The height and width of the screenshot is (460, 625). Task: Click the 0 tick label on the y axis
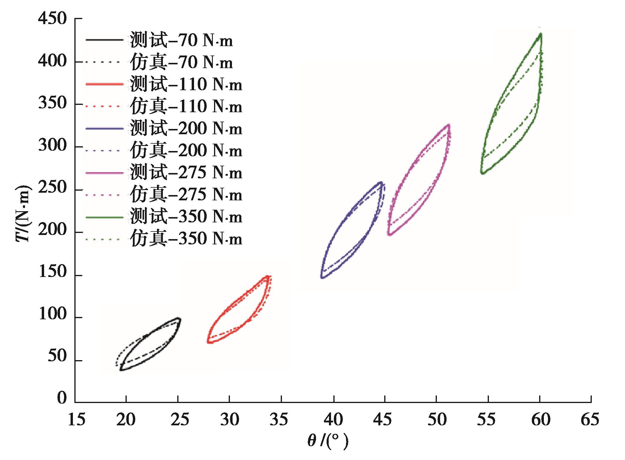(62, 398)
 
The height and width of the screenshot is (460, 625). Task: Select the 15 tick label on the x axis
(76, 419)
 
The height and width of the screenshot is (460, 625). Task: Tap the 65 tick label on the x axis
(590, 419)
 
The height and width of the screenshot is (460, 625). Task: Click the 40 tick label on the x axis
(333, 419)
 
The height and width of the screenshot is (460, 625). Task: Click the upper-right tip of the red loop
(268, 276)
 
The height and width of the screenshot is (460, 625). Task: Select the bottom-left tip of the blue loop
(322, 277)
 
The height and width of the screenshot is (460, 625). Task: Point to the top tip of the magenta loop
(449, 125)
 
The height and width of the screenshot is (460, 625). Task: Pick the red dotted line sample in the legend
(104, 106)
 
